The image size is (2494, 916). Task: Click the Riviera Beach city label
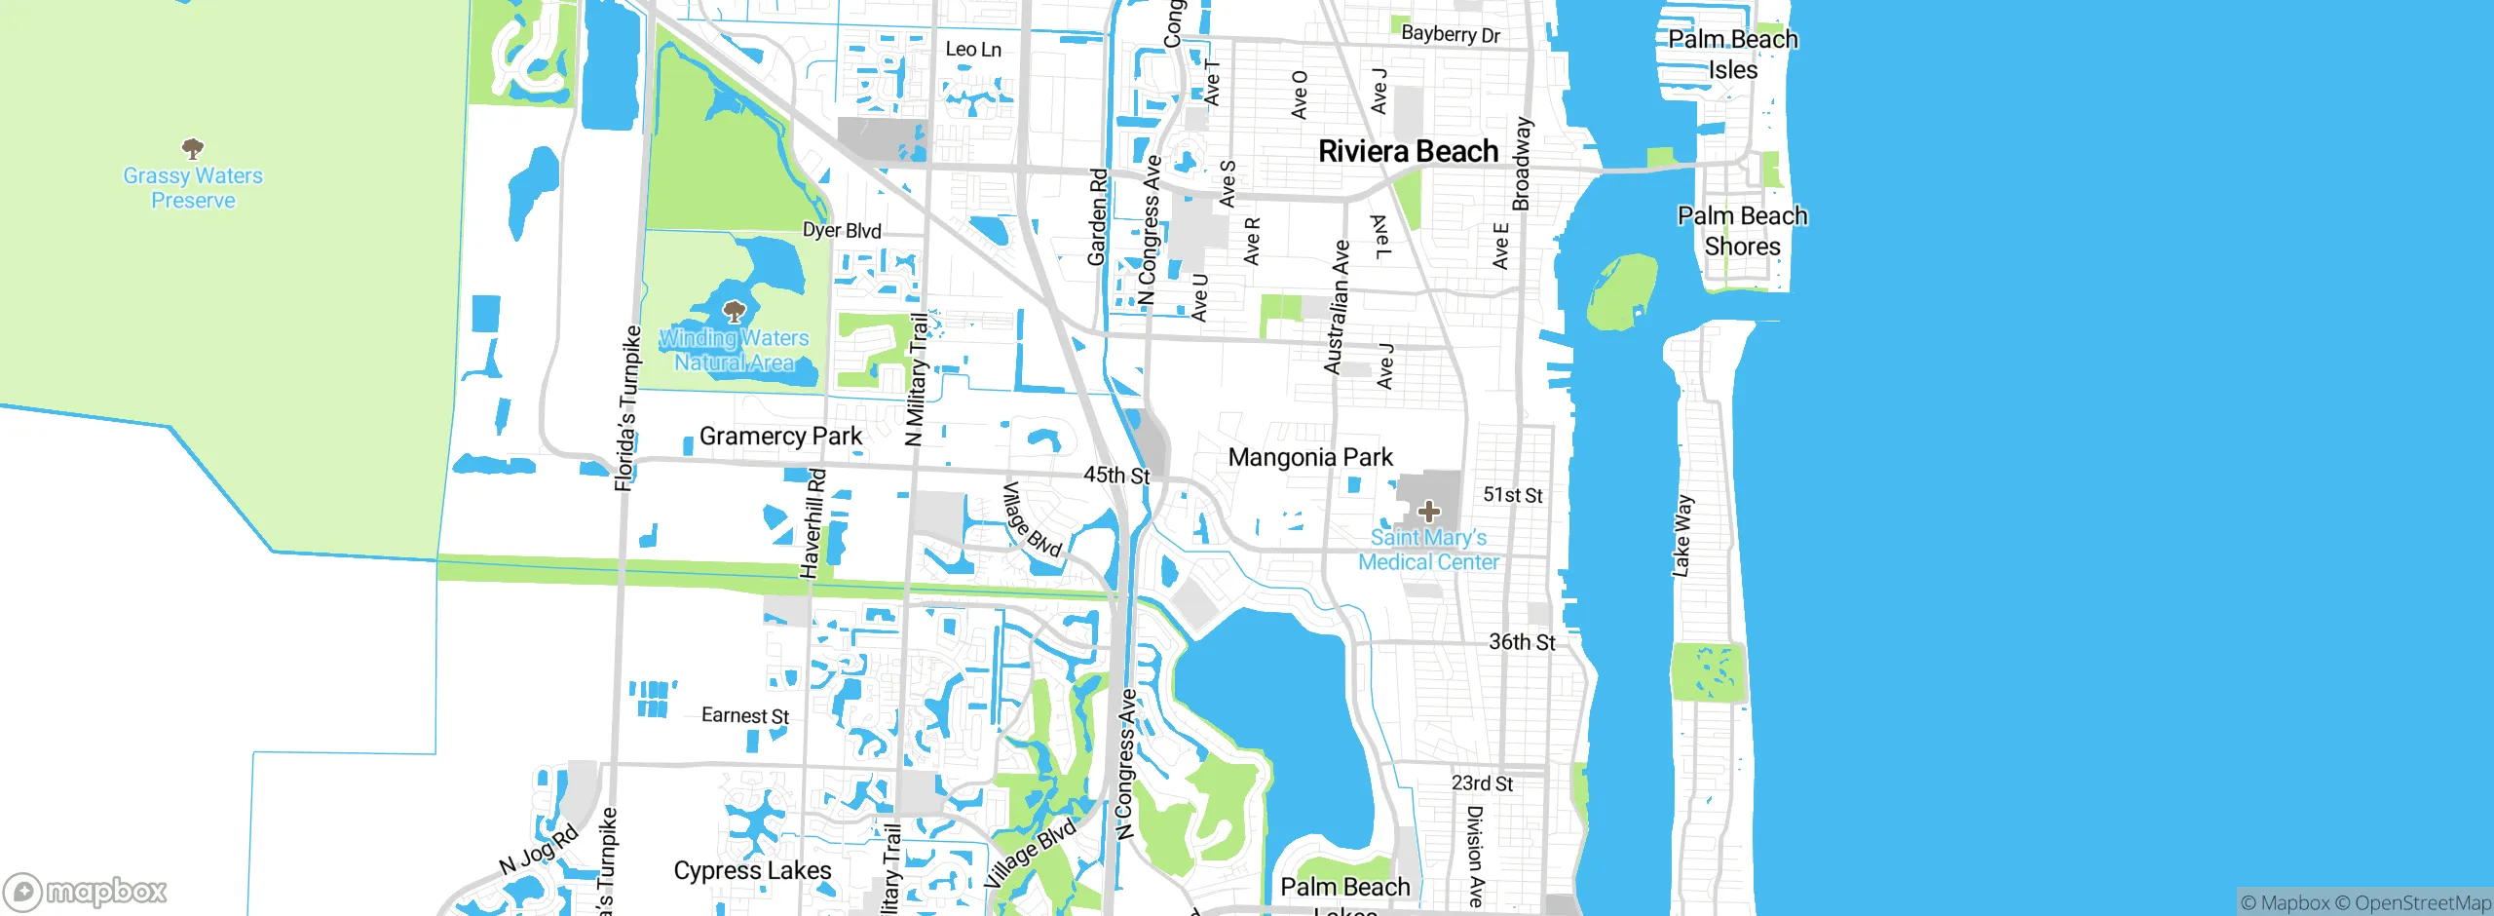(x=1408, y=151)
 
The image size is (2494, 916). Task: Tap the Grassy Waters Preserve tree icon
(x=193, y=148)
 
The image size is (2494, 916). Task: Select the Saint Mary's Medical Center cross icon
(x=1428, y=511)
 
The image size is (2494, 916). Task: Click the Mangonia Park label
(x=1310, y=457)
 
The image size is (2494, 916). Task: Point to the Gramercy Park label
(x=780, y=436)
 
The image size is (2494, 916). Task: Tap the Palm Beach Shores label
(x=1742, y=231)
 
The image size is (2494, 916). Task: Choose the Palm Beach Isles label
(x=1733, y=55)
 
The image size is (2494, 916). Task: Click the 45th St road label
(x=1116, y=476)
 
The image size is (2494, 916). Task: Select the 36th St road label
(x=1522, y=642)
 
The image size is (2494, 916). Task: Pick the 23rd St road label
(x=1482, y=783)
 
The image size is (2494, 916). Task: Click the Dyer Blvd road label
(x=842, y=231)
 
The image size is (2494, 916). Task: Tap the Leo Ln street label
(x=973, y=50)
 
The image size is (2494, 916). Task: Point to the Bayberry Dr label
(x=1450, y=34)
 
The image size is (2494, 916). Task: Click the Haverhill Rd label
(x=813, y=523)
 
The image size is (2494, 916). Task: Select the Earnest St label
(x=745, y=716)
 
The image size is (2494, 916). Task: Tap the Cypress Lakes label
(x=752, y=870)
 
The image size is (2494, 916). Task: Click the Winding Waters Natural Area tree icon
(x=734, y=312)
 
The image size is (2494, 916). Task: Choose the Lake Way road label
(x=1682, y=536)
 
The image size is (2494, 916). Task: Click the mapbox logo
(x=86, y=892)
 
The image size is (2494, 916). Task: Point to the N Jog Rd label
(x=539, y=851)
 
